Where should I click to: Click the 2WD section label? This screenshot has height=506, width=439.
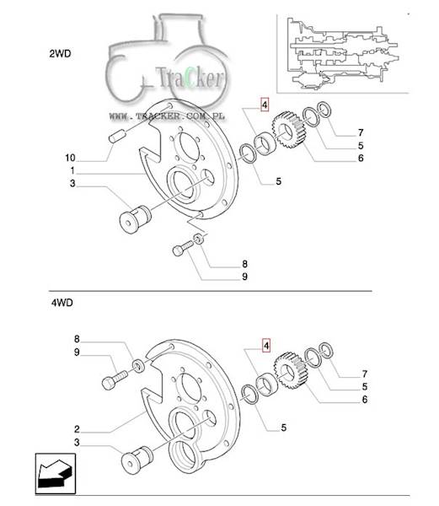coord(60,54)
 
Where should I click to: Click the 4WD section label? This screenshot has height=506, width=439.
coord(62,303)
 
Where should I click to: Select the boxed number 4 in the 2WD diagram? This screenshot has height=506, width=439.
coord(265,105)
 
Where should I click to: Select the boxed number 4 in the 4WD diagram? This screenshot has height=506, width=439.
coord(266,346)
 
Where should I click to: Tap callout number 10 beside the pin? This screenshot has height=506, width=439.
coord(70,158)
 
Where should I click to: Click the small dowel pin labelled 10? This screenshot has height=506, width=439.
coord(117,136)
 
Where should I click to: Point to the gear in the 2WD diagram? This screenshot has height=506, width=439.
coord(287,130)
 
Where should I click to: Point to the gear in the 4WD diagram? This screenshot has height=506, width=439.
coord(289,371)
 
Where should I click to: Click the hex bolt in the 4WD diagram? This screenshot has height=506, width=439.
coord(115,379)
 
